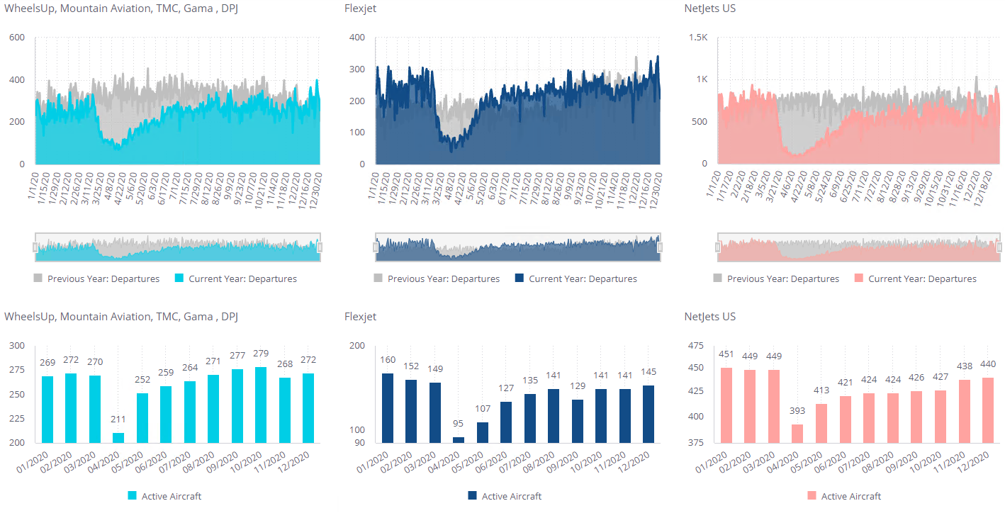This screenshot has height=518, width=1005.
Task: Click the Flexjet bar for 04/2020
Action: [x=459, y=440]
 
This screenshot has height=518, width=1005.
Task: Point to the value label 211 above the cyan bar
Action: [x=118, y=420]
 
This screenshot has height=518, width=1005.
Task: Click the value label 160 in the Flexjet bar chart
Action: [x=388, y=360]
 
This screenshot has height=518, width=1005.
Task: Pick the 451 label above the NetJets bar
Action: [x=726, y=354]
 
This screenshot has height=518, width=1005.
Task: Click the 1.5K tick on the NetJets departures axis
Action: [x=698, y=37]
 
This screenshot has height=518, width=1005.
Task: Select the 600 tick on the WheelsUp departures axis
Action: [x=17, y=37]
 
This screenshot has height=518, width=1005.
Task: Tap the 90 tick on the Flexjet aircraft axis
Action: [x=360, y=443]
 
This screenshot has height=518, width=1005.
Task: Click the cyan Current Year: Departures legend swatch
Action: [x=179, y=278]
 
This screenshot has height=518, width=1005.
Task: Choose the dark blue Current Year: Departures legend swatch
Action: [x=520, y=278]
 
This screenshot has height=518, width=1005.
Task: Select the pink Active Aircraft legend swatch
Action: [x=812, y=496]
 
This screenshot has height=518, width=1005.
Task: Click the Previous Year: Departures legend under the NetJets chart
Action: [x=775, y=278]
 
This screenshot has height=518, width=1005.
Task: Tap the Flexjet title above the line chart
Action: [x=360, y=9]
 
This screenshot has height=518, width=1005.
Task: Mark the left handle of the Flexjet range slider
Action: [x=375, y=247]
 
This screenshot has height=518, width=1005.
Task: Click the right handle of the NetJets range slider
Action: [x=999, y=247]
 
